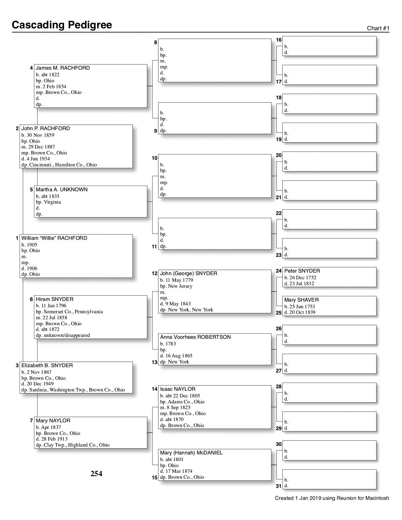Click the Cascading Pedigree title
pyautogui.click(x=62, y=25)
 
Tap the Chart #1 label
pyautogui.click(x=378, y=28)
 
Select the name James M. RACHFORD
pyautogui.click(x=63, y=68)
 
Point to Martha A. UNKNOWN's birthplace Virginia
pyautogui.click(x=52, y=202)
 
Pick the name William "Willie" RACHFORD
pyautogui.click(x=54, y=238)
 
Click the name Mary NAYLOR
pyautogui.click(x=53, y=421)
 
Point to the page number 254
pyautogui.click(x=96, y=474)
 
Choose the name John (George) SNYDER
pyautogui.click(x=189, y=274)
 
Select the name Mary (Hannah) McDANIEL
pyautogui.click(x=191, y=453)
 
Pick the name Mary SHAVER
pyautogui.click(x=301, y=300)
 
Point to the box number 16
pyautogui.click(x=279, y=40)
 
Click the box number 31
pyautogui.click(x=279, y=486)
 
